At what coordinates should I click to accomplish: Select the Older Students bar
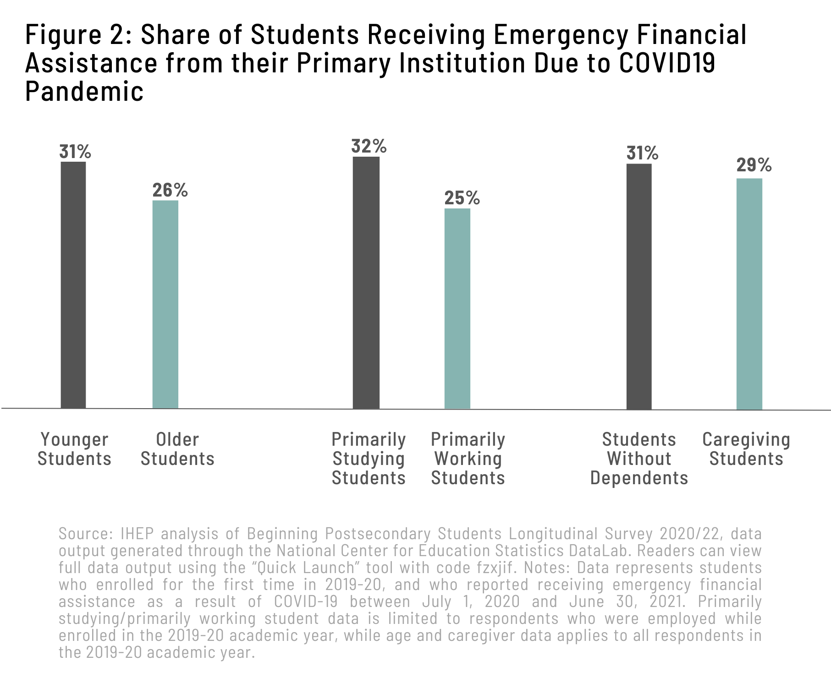(x=165, y=304)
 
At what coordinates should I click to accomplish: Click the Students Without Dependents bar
(x=639, y=286)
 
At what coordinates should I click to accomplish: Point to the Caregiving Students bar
(x=749, y=294)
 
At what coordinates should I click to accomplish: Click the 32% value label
(x=369, y=147)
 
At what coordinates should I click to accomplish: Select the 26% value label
(x=170, y=190)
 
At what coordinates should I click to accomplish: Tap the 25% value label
(x=462, y=198)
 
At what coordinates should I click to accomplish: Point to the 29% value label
(x=754, y=165)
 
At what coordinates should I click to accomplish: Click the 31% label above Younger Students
(x=75, y=152)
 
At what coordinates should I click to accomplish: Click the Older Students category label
(x=177, y=449)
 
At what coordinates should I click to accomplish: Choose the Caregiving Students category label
(x=746, y=449)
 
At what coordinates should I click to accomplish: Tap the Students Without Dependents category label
(x=639, y=459)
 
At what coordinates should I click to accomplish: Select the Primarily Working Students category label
(x=468, y=459)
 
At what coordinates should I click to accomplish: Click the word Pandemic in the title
(x=84, y=91)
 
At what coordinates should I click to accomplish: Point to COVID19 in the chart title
(x=667, y=63)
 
